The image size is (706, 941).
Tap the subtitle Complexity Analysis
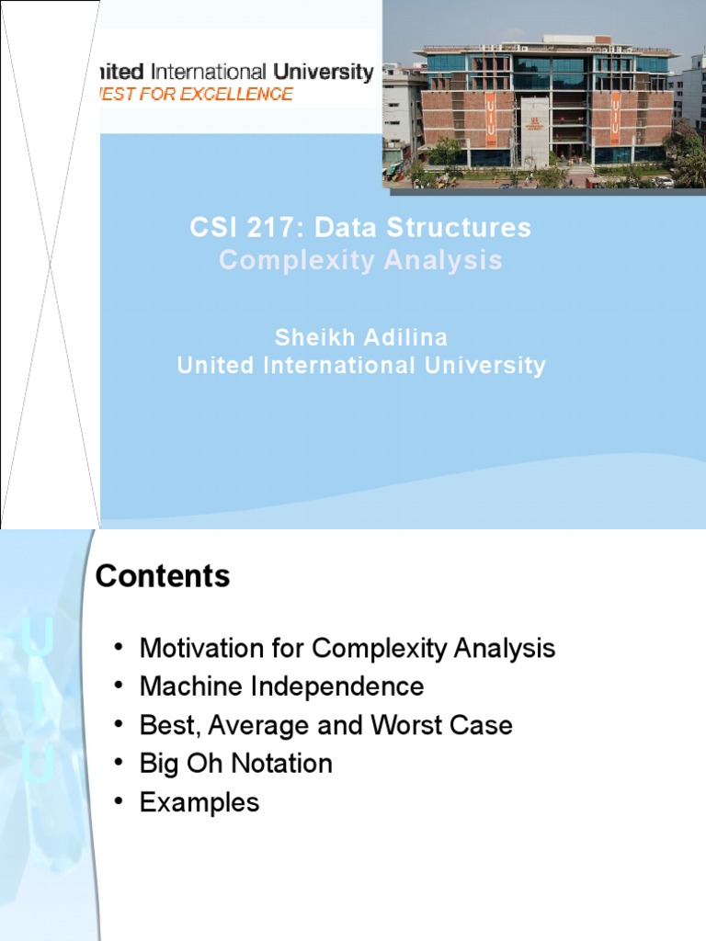pyautogui.click(x=360, y=260)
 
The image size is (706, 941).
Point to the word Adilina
pyautogui.click(x=406, y=337)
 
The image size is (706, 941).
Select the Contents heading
pyautogui.click(x=163, y=577)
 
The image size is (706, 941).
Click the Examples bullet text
pyautogui.click(x=199, y=802)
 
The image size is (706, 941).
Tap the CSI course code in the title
pyautogui.click(x=208, y=228)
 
